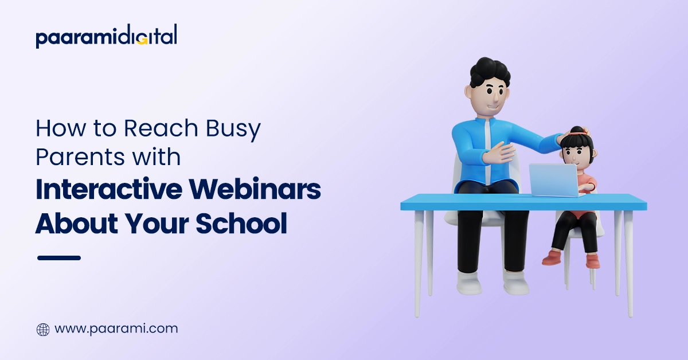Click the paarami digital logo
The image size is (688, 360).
coord(106,37)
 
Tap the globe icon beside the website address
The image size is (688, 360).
coord(43,330)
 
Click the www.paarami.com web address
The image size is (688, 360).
coord(116,329)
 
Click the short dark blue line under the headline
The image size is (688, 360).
coord(59,258)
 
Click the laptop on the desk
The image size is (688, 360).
coord(553,179)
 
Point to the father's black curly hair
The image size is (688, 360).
coord(490,72)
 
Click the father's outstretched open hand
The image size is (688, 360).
coord(498,154)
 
